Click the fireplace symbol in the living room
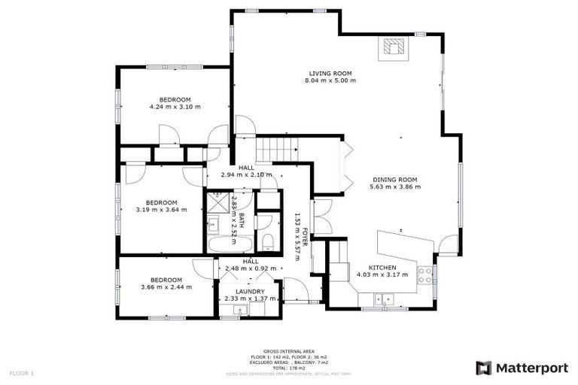click(x=392, y=49)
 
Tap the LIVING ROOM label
click(x=331, y=73)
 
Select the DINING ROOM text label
click(x=395, y=180)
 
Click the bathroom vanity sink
click(x=212, y=223)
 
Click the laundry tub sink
click(x=230, y=311)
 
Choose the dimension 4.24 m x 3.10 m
click(x=175, y=107)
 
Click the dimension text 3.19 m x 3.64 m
click(x=161, y=210)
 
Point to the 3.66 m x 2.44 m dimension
click(x=166, y=286)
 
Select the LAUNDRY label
click(x=249, y=291)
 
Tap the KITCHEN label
click(x=382, y=267)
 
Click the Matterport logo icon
click(x=484, y=368)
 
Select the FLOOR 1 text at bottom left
click(x=22, y=373)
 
